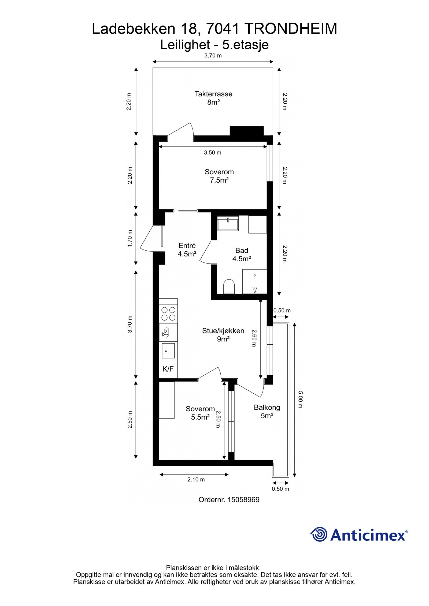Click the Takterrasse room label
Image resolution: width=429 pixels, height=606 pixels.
[213, 98]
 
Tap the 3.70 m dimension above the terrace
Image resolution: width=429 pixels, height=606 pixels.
[213, 56]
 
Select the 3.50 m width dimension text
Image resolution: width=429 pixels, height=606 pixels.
[212, 153]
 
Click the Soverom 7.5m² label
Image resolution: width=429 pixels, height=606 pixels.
[219, 176]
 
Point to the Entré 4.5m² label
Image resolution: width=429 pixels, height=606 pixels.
[187, 250]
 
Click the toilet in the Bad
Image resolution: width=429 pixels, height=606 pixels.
[229, 286]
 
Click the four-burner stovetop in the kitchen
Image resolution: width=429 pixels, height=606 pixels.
[168, 314]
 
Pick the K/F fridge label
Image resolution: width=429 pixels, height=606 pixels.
[168, 369]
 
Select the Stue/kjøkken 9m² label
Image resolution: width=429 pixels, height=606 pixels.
[223, 335]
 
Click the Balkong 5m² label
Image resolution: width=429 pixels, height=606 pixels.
[267, 411]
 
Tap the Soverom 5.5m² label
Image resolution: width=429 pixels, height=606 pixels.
[200, 413]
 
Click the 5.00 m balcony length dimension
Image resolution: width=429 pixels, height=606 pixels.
[300, 400]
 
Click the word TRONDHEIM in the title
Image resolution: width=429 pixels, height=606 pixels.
[291, 29]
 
